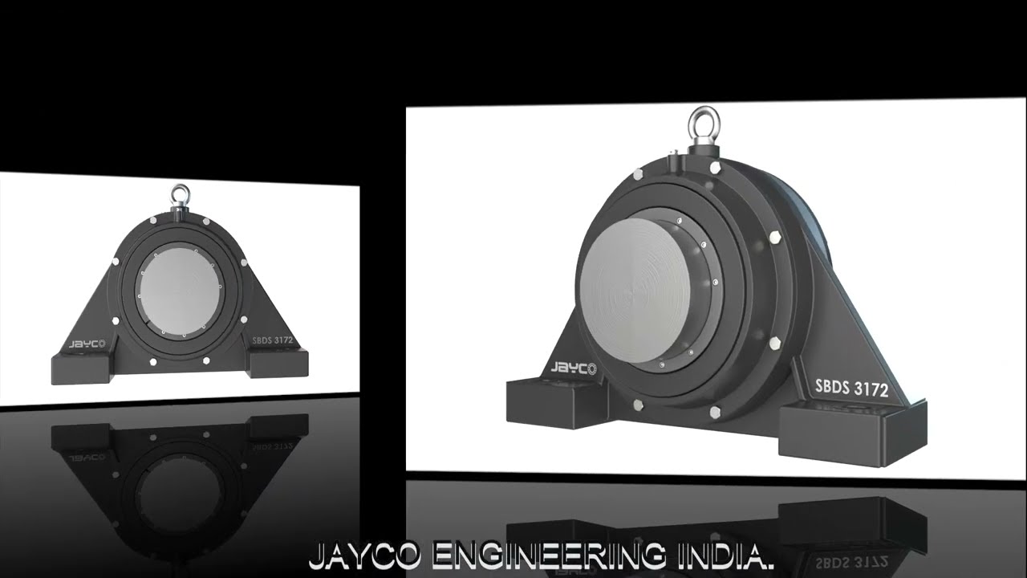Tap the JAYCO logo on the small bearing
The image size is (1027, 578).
(87, 344)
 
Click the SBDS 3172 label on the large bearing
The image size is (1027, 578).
(851, 388)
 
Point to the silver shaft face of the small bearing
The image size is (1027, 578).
(179, 290)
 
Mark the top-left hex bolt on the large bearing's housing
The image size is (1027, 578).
(637, 174)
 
